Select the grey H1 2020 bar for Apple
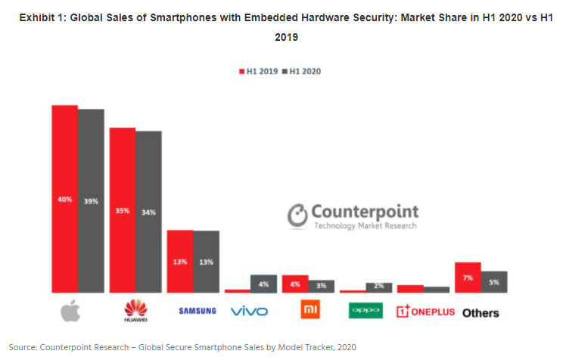pos(91,200)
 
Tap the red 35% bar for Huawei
pos(123,209)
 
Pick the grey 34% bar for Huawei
pos(148,212)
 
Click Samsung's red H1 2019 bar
pos(179,261)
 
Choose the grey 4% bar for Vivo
pos(264,284)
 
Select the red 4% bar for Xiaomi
pos(294,284)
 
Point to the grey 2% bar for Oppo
pos(378,287)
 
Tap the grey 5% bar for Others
pos(494,281)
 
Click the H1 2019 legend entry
pos(257,70)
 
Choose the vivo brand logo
pos(249,311)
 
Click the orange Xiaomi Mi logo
pos(308,310)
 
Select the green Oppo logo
pos(365,310)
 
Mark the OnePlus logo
pos(425,311)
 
